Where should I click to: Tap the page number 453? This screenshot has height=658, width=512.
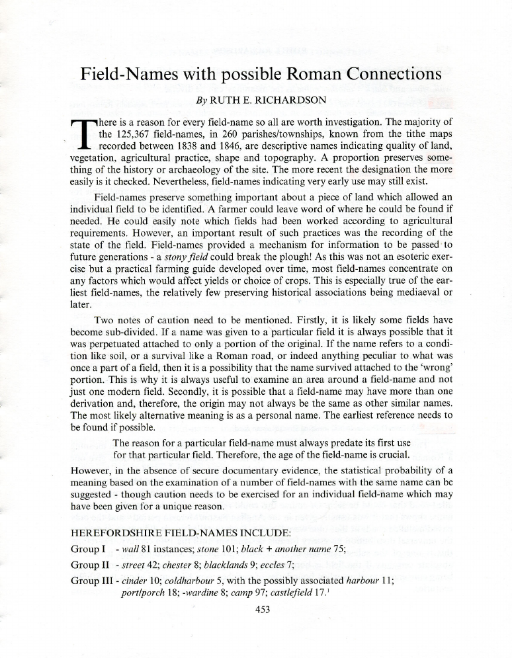click(264, 610)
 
